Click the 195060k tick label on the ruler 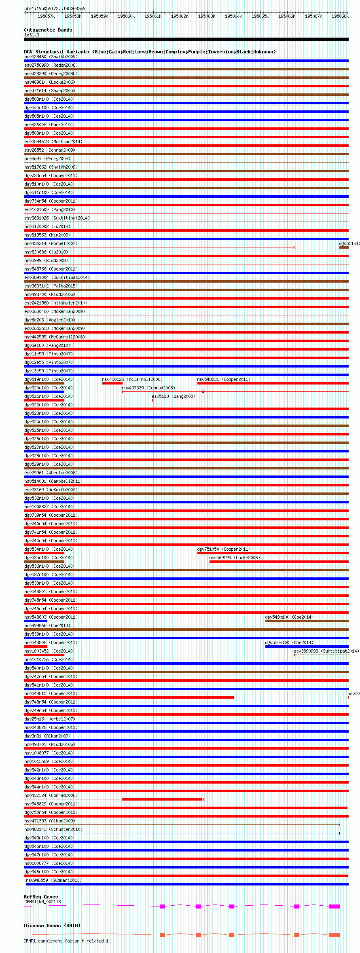[126, 16]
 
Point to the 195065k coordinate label [260, 16]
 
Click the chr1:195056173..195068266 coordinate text [55, 8]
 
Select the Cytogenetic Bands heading [48, 30]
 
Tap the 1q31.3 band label [32, 35]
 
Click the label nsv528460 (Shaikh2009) [51, 57]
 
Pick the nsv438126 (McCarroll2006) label [132, 379]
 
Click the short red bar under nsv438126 [112, 383]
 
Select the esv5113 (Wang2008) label [174, 396]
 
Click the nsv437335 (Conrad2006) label [148, 388]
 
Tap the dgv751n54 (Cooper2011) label [224, 549]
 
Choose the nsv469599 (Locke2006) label [235, 558]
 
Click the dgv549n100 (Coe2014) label [289, 617]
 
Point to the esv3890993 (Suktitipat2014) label [326, 651]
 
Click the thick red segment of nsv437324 [162, 799]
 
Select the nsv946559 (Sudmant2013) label [54, 880]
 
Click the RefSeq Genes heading [41, 897]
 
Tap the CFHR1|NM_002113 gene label [42, 902]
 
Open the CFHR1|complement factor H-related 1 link [66, 941]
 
